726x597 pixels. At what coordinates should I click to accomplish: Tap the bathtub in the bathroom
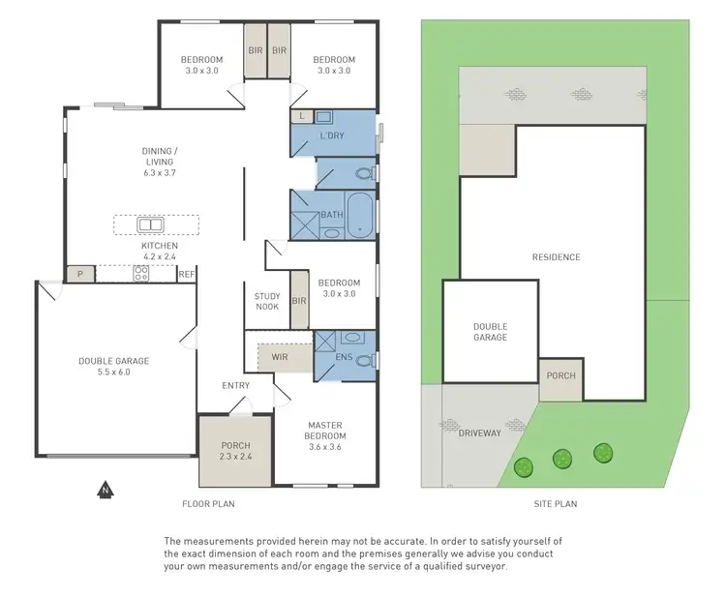360,214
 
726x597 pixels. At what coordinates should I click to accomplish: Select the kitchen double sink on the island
150,225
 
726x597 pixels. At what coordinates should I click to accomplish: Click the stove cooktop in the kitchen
140,275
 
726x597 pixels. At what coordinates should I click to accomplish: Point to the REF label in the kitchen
186,275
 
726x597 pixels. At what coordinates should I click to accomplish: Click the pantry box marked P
79,275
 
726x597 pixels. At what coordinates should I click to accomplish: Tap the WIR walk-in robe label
281,357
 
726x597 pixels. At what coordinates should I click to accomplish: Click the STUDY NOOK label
266,301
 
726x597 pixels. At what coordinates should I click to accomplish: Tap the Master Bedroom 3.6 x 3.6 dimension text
326,436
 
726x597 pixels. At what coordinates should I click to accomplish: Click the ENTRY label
235,385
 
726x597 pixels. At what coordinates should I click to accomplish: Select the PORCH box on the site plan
560,376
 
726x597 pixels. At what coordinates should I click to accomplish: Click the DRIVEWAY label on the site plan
480,433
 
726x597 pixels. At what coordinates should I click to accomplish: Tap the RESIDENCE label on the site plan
556,256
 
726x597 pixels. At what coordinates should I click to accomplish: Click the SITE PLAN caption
556,503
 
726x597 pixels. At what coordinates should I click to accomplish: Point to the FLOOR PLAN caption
208,503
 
